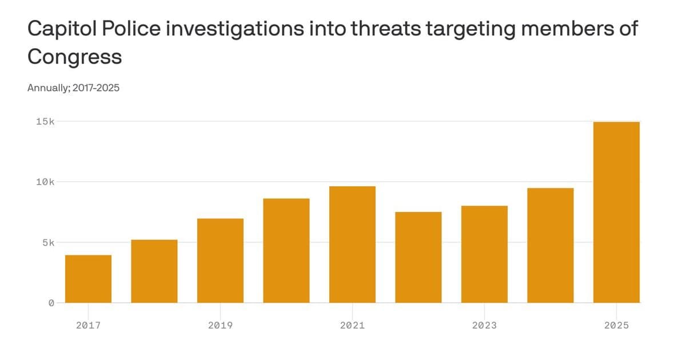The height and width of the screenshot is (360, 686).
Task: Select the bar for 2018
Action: point(154,271)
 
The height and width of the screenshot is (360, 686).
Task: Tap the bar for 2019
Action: point(220,261)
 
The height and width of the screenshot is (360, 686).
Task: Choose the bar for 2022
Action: point(418,257)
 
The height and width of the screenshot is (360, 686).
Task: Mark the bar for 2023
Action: point(484,254)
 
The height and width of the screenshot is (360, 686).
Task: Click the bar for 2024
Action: point(551,245)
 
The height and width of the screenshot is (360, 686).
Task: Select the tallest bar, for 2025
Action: point(616,212)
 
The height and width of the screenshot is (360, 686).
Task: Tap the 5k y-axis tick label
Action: point(47,242)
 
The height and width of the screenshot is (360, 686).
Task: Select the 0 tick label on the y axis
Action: point(51,303)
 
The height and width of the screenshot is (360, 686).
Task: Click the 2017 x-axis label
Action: point(88,325)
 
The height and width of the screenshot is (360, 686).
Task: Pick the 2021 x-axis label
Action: point(352,325)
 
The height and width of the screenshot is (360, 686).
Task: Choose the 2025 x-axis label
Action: point(616,325)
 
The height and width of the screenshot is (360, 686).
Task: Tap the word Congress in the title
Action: point(74,57)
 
